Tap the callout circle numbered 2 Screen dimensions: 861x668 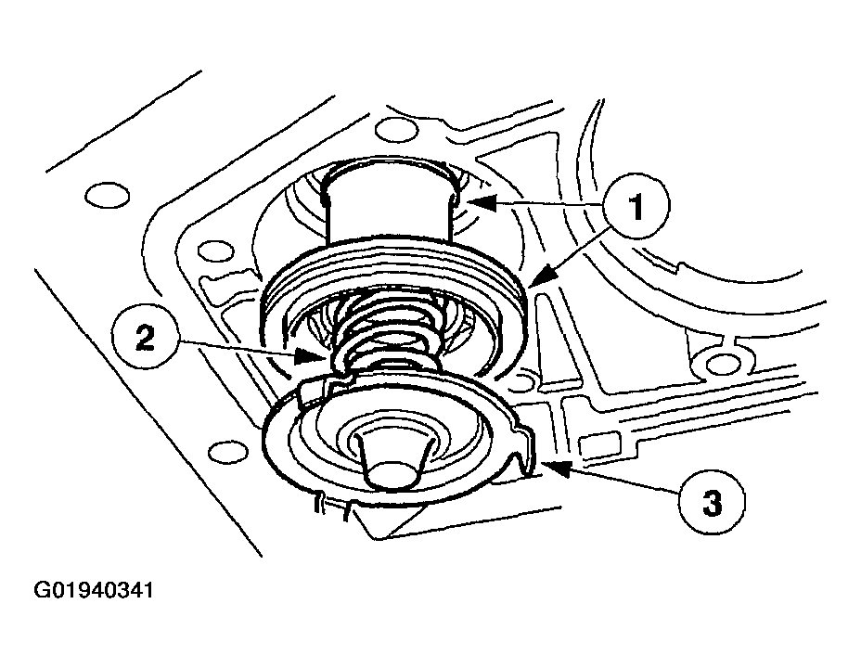tap(145, 339)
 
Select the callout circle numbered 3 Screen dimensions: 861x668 tap(713, 501)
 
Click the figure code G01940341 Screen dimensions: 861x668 tap(94, 591)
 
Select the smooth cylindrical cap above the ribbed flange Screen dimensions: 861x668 tap(390, 200)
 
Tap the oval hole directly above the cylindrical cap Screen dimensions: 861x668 tap(395, 130)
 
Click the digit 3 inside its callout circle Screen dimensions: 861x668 tap(713, 502)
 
